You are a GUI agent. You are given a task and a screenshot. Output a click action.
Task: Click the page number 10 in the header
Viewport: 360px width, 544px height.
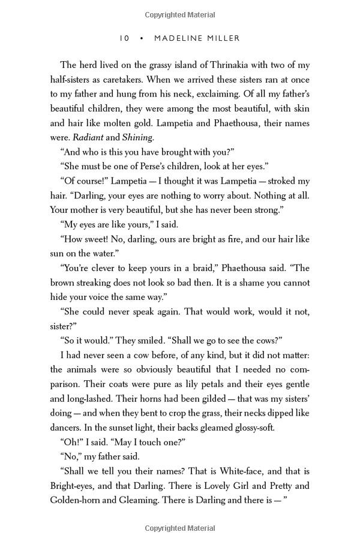pos(124,38)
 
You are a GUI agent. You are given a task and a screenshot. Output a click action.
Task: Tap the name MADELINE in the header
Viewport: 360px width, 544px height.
pos(179,38)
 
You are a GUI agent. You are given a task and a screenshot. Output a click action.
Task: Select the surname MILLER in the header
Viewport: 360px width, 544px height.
pos(223,38)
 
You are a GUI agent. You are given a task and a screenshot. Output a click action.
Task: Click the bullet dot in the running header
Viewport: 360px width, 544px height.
pos(141,38)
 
